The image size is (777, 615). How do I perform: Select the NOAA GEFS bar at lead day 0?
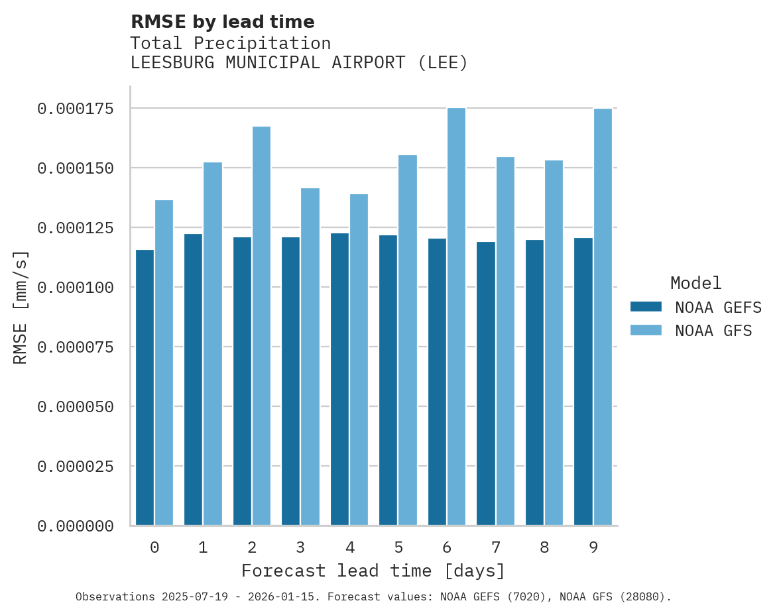[x=145, y=388]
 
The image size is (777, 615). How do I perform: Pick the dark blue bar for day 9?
[x=583, y=382]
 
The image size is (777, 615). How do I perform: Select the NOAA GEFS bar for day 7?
[x=486, y=384]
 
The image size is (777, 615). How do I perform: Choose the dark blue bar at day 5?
[x=388, y=380]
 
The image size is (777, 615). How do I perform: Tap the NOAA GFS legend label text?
[x=713, y=331]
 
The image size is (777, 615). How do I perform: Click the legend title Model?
[x=695, y=283]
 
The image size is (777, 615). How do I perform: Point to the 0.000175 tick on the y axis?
[x=75, y=109]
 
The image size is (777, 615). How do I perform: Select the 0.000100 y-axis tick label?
[x=75, y=288]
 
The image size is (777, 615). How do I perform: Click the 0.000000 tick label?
[x=75, y=526]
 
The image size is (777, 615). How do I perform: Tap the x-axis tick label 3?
[x=300, y=547]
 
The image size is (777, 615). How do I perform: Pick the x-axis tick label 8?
[x=544, y=547]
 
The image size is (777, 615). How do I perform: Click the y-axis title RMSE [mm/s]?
[x=21, y=307]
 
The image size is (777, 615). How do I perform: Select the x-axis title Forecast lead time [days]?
[x=373, y=571]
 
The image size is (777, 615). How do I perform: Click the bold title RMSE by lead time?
[x=222, y=22]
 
